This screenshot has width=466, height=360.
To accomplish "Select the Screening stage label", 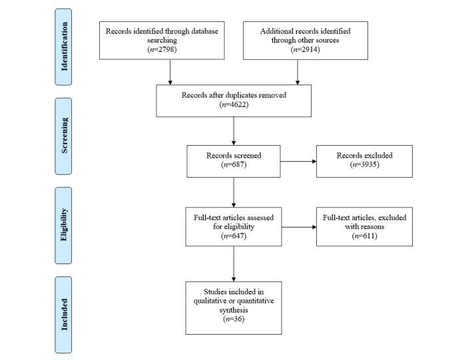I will coord(64,135).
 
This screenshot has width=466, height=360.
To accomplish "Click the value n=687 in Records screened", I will coord(233,164).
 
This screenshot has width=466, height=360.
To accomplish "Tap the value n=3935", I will coord(364,164).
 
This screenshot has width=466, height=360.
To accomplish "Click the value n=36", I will coord(233,319).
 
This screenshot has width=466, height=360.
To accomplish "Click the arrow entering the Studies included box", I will coord(234,266).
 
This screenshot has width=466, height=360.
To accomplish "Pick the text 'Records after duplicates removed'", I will coord(234,95).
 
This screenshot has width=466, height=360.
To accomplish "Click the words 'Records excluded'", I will coord(364,156).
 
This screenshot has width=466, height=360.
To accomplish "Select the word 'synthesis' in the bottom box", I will coord(233,309).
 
